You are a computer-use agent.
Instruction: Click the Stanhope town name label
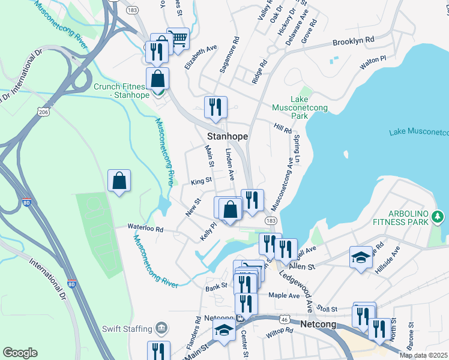228,136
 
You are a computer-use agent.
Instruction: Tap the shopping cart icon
178,39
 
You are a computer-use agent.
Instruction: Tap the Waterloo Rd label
145,228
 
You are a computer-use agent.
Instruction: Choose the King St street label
201,180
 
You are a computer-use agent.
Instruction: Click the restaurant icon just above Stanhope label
215,107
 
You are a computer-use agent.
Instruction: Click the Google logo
20,352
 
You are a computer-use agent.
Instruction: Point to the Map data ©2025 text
423,355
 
